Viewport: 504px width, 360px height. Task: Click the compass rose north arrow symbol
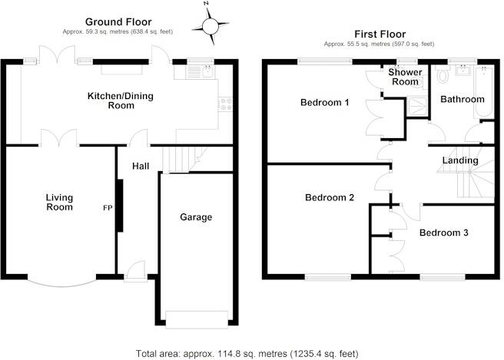[211, 27]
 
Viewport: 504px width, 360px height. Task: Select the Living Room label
[59, 202]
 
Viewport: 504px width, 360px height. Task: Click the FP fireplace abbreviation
[108, 208]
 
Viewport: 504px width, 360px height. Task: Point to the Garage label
[196, 217]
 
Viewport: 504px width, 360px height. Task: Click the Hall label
[140, 166]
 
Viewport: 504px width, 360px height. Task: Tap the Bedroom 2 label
[330, 197]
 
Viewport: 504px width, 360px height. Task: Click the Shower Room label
[404, 77]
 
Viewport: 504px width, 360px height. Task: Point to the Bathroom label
[462, 99]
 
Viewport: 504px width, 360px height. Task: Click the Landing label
[460, 160]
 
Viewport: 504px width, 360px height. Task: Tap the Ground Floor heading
[118, 21]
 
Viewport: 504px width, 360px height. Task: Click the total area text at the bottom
[247, 353]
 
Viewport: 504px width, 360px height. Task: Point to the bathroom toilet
[442, 78]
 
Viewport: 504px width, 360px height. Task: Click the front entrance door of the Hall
[135, 270]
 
